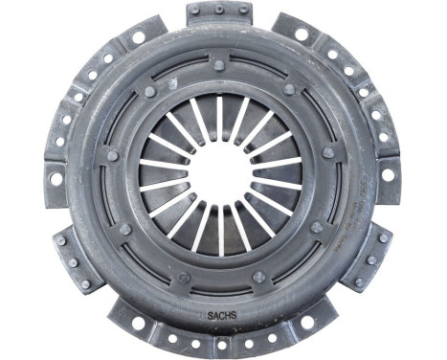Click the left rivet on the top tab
pyautogui.click(x=195, y=11)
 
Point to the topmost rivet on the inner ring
pyautogui.click(x=219, y=65)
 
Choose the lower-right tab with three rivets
pyautogui.click(x=368, y=257)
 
